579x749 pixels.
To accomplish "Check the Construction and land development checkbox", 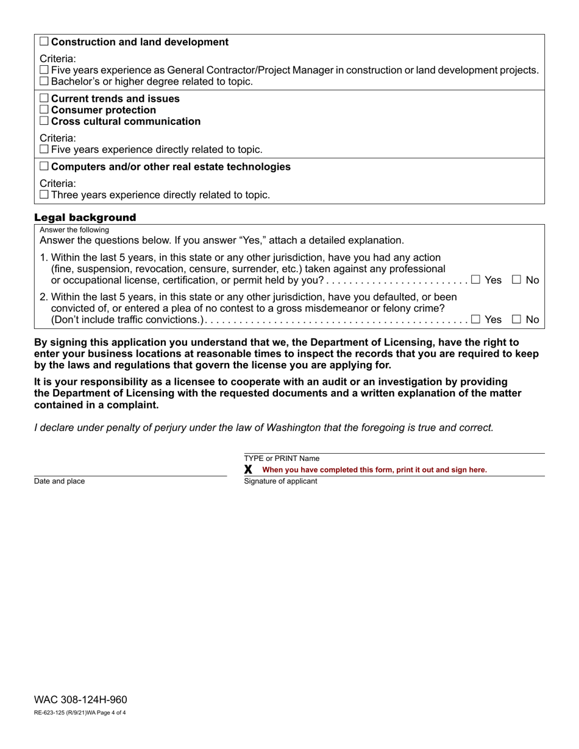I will pyautogui.click(x=44, y=42).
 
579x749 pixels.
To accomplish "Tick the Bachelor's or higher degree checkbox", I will pyautogui.click(x=44, y=82).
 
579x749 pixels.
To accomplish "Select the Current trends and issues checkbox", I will pyautogui.click(x=44, y=99).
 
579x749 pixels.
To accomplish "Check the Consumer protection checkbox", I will pyautogui.click(x=44, y=110).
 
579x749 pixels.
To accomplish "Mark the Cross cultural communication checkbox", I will pyautogui.click(x=44, y=122).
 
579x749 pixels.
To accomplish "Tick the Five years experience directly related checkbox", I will pyautogui.click(x=44, y=150).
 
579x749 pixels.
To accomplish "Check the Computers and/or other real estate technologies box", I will pyautogui.click(x=44, y=167).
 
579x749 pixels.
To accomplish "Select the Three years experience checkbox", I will pyautogui.click(x=44, y=195).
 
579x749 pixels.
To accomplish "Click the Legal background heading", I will pyautogui.click(x=85, y=217).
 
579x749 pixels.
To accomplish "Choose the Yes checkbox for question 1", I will pyautogui.click(x=476, y=280).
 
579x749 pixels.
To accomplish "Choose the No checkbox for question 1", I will pyautogui.click(x=517, y=280).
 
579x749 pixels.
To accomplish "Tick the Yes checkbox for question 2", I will pyautogui.click(x=476, y=319).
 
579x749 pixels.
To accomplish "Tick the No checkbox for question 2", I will pyautogui.click(x=517, y=319).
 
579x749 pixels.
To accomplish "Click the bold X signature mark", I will pyautogui.click(x=248, y=469).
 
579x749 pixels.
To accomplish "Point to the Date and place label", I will pyautogui.click(x=60, y=481).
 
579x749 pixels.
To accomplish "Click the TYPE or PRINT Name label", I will pyautogui.click(x=282, y=459).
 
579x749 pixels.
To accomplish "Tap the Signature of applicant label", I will pyautogui.click(x=280, y=481).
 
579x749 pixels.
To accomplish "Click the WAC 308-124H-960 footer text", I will pyautogui.click(x=80, y=700).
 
